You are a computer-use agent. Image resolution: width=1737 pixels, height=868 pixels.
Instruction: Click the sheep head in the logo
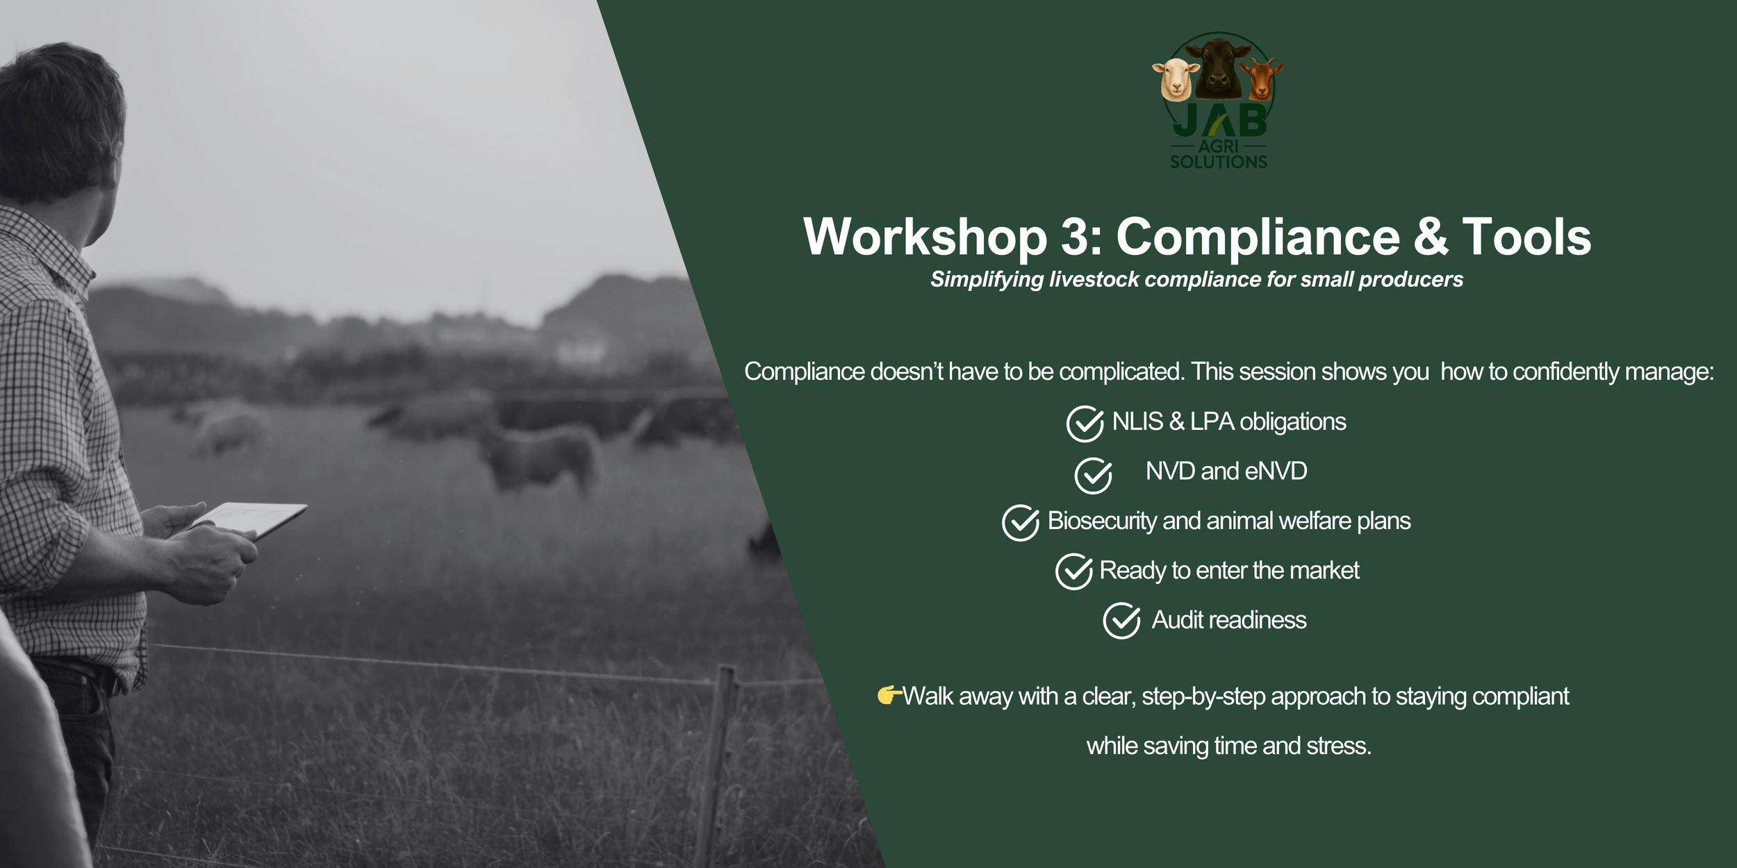point(1175,78)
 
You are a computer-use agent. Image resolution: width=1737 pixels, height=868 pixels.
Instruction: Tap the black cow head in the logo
point(1219,67)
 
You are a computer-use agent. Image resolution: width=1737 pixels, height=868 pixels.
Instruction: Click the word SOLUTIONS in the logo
point(1218,162)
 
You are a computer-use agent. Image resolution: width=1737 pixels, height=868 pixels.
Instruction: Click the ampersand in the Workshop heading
point(1431,237)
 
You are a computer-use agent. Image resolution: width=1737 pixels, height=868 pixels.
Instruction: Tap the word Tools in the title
point(1526,237)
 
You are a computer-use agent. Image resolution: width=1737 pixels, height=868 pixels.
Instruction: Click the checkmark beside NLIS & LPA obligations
point(1085,424)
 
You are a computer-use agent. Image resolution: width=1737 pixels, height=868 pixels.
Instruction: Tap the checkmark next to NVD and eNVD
point(1093,475)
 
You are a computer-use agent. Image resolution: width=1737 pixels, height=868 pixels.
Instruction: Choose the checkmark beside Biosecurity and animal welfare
point(1020,522)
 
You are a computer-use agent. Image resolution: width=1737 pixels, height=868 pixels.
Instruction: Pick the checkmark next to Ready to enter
point(1073,571)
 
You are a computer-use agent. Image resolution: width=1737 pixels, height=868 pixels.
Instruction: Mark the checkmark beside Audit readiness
point(1121,621)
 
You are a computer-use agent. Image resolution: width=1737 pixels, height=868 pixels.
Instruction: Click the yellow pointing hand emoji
point(889,694)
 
